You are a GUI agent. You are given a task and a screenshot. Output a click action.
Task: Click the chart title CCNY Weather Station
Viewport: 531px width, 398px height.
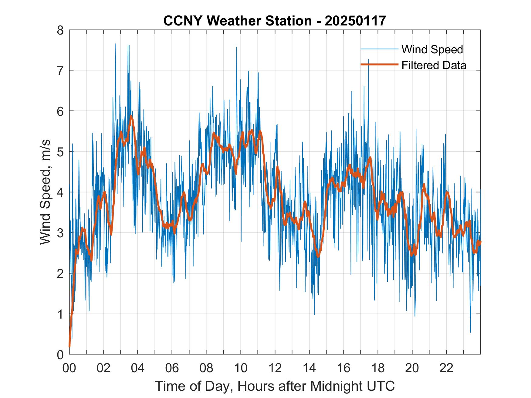237,21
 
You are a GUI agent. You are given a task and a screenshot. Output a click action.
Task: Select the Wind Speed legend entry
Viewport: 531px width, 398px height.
432,49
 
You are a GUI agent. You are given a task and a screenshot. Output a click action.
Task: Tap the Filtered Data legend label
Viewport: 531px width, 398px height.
434,65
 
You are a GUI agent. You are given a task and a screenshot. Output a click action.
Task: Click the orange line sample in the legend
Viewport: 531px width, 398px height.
379,65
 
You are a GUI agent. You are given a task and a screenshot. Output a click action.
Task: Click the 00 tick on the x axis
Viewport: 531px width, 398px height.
69,368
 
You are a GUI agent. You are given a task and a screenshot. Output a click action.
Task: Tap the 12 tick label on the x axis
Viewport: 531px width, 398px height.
275,368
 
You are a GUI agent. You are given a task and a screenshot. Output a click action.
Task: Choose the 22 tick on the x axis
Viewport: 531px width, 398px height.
446,368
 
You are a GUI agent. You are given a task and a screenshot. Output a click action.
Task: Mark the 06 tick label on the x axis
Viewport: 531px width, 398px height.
172,368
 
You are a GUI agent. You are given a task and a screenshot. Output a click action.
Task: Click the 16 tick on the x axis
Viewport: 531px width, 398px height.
343,368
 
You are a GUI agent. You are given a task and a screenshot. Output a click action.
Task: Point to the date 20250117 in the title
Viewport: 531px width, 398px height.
355,21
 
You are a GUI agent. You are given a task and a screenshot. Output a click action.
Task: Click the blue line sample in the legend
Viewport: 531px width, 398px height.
379,49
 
